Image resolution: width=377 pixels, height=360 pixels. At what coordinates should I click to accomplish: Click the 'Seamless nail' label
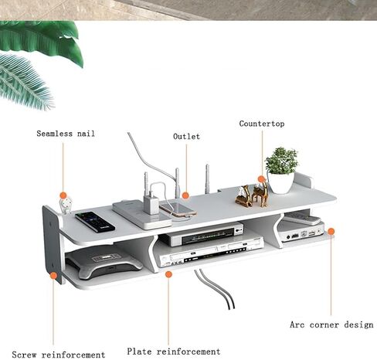point(66,134)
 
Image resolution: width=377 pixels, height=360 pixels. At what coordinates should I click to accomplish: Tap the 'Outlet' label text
point(186,137)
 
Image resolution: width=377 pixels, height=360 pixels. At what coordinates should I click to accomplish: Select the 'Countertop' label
point(262,124)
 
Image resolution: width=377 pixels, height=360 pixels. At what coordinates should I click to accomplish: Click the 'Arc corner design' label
point(331,324)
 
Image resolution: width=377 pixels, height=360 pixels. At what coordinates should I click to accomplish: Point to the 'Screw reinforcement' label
point(59,355)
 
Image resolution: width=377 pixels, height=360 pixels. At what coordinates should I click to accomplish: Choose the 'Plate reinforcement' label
point(174,352)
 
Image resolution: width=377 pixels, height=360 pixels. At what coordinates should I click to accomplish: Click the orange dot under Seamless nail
point(63,195)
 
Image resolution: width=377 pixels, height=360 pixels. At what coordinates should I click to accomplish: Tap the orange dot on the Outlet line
point(185,195)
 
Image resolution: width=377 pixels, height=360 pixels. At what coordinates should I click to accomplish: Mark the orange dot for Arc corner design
point(331,231)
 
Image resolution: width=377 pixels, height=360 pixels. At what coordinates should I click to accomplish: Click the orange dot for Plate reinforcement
point(168,274)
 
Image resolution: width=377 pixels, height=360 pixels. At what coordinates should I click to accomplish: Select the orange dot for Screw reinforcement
point(53,276)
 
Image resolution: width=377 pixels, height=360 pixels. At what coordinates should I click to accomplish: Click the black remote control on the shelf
point(95,222)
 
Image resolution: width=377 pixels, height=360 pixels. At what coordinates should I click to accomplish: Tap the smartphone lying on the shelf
point(178,209)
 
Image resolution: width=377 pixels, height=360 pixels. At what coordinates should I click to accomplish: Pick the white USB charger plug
point(151,204)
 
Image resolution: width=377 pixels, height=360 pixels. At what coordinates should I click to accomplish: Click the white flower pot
point(280,182)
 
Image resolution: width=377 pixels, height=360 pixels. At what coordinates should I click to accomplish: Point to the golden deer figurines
point(252,195)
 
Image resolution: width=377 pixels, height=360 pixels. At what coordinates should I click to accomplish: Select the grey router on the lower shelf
point(103,262)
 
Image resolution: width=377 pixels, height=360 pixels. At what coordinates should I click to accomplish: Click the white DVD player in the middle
point(212,251)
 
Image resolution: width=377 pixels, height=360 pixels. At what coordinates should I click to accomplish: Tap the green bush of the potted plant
point(281,161)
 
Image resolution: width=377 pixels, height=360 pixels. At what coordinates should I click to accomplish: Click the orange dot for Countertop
point(261,179)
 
